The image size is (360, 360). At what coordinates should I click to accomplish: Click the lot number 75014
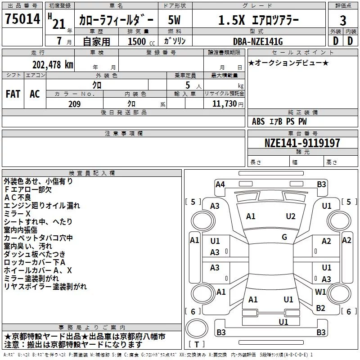coord(22,18)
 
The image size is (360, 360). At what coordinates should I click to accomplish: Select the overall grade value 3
coord(343,20)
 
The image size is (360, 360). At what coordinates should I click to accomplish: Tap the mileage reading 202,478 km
coord(53,65)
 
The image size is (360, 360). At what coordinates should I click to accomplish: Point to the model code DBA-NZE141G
coord(258,41)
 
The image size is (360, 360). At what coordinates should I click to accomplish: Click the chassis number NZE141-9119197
coord(302,143)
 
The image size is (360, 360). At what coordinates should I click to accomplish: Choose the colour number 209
coord(74,104)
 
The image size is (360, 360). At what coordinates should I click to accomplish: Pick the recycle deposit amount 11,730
coord(224,104)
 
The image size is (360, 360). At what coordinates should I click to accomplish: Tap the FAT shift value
coord(13,94)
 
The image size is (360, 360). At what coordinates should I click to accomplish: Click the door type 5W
coord(174,20)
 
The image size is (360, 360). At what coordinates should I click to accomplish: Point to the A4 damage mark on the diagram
coord(220,184)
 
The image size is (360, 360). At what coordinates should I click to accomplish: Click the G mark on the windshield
coord(284,237)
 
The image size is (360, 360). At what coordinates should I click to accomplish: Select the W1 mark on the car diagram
coord(320,292)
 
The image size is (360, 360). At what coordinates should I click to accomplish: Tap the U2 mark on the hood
coord(290,216)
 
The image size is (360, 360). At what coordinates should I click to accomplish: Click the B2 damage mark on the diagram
coord(320,308)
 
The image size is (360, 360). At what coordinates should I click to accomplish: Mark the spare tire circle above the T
coord(197,328)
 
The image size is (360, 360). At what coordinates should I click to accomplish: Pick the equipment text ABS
coord(258,121)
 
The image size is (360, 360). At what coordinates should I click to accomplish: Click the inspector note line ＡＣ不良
coord(18,198)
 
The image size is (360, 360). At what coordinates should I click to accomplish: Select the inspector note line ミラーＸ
coord(17,214)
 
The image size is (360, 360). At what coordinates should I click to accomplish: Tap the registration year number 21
coord(59,24)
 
